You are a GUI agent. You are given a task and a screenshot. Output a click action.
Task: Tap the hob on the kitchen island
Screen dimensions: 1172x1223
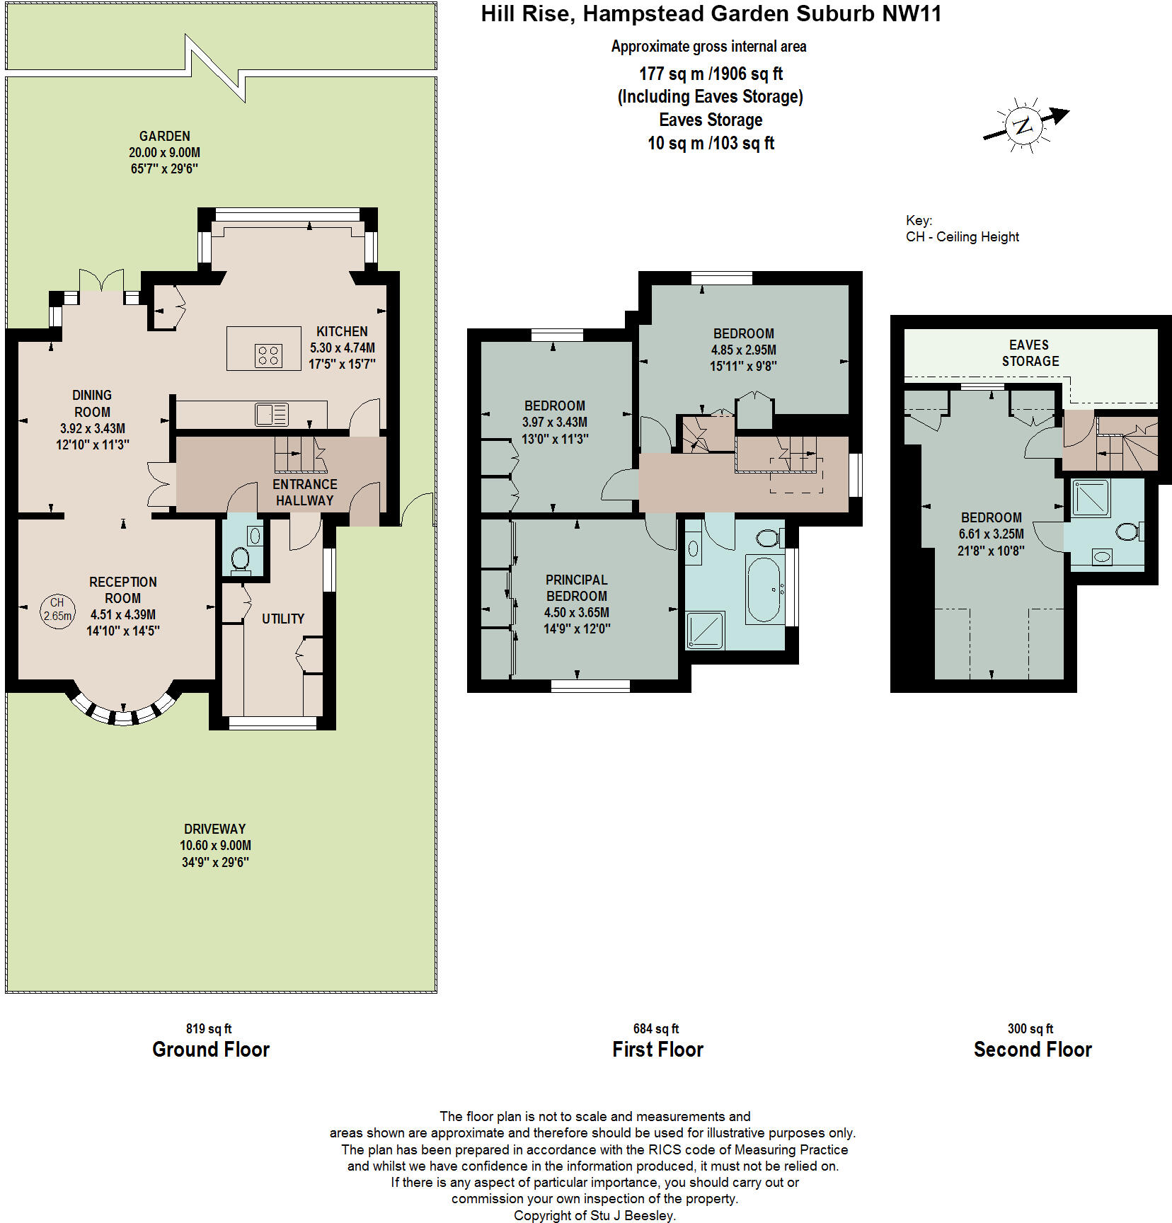point(268,355)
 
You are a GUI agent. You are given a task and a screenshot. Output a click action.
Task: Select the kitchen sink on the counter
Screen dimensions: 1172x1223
point(272,414)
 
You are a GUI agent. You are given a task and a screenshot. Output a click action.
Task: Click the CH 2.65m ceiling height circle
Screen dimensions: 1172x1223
point(57,610)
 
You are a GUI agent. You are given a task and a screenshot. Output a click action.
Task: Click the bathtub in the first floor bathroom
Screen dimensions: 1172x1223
point(764,589)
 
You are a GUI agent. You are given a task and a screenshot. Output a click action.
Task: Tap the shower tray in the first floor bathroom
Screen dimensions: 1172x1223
point(706,630)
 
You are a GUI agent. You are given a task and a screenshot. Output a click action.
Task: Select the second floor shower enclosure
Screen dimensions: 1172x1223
point(1091,498)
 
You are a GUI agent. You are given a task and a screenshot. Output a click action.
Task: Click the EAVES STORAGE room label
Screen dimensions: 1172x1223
point(1030,352)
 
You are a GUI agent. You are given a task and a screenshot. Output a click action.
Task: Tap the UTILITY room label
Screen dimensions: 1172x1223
point(283,619)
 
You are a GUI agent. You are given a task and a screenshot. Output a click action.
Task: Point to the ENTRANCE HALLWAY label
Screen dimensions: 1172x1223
point(304,492)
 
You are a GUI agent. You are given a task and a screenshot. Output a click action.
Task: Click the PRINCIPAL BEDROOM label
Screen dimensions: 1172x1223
point(577,587)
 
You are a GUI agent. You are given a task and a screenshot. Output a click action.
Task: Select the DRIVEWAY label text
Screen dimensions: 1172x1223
point(215,829)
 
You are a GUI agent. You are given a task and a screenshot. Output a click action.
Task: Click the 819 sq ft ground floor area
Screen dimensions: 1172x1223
point(209,1028)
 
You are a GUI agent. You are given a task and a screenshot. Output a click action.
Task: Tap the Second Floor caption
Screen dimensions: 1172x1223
point(1033,1049)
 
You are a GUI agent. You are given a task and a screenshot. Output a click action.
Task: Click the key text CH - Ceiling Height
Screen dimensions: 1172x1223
point(963,237)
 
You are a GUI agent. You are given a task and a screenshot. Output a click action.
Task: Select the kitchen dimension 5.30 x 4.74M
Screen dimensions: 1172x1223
point(343,348)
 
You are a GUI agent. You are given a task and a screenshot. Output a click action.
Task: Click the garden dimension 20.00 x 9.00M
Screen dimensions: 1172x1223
point(164,152)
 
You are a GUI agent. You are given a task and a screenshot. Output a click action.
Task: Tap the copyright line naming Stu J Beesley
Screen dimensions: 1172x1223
point(594,1215)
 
